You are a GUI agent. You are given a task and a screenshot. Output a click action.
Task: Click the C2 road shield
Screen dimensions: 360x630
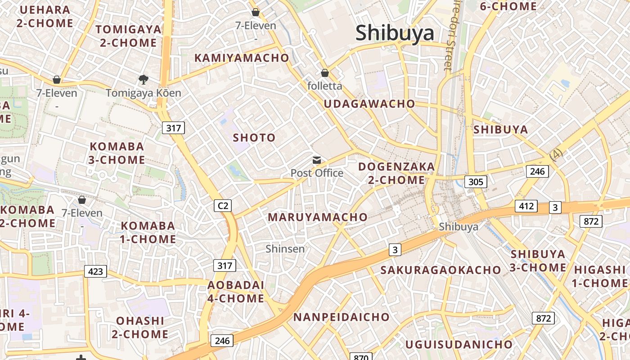click(x=222, y=206)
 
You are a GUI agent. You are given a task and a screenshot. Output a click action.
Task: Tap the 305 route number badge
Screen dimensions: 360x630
click(x=475, y=182)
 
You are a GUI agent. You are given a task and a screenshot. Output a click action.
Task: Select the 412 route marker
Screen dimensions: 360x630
click(x=526, y=207)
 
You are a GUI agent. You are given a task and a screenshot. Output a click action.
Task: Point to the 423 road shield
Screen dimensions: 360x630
click(x=95, y=271)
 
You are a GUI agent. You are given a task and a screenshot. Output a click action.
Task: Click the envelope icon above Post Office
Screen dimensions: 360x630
click(x=317, y=160)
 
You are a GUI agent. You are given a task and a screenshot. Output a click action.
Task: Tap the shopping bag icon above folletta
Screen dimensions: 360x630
click(x=324, y=73)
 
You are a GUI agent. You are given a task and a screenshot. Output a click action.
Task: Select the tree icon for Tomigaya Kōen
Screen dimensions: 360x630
click(x=144, y=80)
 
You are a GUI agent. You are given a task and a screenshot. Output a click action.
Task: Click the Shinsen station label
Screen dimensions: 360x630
click(x=285, y=248)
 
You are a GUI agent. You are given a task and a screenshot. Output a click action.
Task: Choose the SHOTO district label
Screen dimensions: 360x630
click(x=254, y=138)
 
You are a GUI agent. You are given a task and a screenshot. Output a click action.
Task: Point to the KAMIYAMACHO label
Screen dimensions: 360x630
click(x=242, y=58)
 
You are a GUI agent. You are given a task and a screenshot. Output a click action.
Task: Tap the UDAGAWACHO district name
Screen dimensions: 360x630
click(x=369, y=103)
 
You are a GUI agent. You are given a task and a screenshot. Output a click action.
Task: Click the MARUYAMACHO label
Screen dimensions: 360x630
click(x=318, y=217)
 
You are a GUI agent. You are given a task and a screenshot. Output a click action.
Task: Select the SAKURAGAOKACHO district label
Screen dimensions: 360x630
click(x=441, y=270)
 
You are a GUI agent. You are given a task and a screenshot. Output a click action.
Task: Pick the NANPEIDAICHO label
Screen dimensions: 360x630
click(x=341, y=317)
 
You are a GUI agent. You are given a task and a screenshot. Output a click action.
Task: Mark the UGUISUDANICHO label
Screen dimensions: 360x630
click(x=459, y=345)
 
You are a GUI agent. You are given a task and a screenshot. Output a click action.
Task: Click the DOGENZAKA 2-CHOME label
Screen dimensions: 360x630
click(x=396, y=173)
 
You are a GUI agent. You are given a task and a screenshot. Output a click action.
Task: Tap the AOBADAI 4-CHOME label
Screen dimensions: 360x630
click(x=235, y=292)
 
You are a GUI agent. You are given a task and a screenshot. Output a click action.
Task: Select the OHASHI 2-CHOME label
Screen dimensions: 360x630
click(x=140, y=327)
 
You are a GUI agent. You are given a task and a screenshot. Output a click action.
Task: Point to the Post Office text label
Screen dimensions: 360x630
click(x=317, y=173)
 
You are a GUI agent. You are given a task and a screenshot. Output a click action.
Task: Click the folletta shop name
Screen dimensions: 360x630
click(x=324, y=85)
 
